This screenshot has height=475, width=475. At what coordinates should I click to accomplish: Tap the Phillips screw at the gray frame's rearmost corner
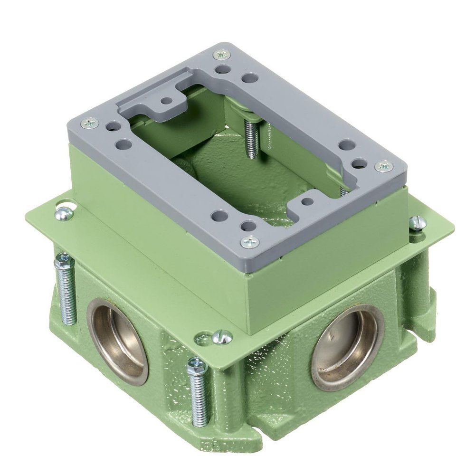[x=221, y=55]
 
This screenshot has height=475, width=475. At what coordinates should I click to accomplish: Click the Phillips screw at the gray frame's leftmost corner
[x=89, y=123]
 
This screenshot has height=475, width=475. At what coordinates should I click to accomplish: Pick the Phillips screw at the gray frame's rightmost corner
[x=383, y=166]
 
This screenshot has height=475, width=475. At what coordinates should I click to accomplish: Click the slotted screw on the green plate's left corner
[x=64, y=213]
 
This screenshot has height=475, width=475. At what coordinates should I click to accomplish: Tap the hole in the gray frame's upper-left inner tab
[x=166, y=101]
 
